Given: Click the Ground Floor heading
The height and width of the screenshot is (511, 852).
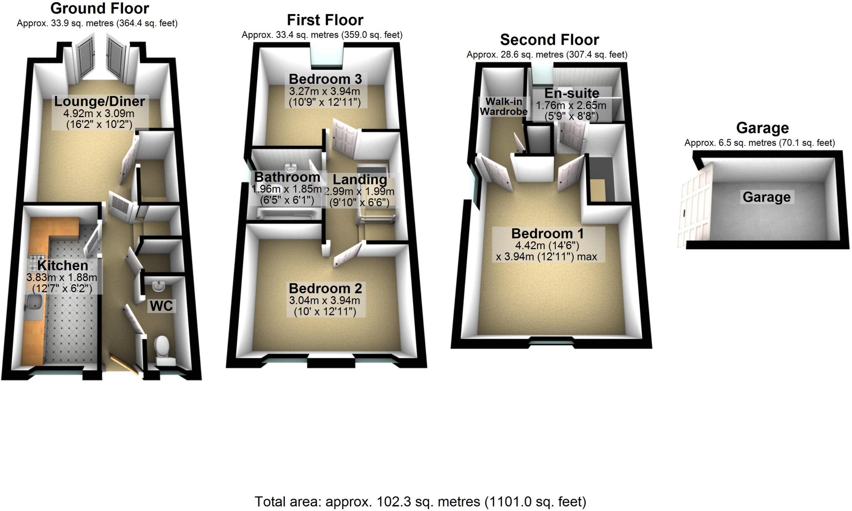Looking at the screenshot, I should click(x=99, y=8).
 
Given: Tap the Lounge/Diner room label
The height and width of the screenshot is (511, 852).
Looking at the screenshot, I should click(x=99, y=101).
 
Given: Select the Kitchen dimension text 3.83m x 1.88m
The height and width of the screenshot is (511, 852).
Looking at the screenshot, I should click(x=62, y=278).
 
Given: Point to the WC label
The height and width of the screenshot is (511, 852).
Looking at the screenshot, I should click(x=161, y=306).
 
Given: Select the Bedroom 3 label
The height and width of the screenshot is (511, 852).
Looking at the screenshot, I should click(x=325, y=79).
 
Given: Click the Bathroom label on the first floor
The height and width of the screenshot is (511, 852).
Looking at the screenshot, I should click(x=287, y=177).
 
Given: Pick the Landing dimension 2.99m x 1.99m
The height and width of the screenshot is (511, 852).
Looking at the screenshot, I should click(x=359, y=192).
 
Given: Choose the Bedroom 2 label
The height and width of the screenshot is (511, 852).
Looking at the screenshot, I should click(x=325, y=288).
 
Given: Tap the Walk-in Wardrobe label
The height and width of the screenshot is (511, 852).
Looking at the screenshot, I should click(x=504, y=106).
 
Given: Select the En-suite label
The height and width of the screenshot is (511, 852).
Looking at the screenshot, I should click(x=572, y=93).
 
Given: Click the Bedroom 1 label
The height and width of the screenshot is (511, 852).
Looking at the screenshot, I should click(x=547, y=233).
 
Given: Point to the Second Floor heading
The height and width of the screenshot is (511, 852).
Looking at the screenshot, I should click(x=549, y=40).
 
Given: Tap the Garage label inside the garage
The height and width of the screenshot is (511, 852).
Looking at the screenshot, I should click(x=766, y=197).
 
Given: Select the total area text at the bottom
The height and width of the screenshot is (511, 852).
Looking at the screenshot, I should click(x=420, y=502).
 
